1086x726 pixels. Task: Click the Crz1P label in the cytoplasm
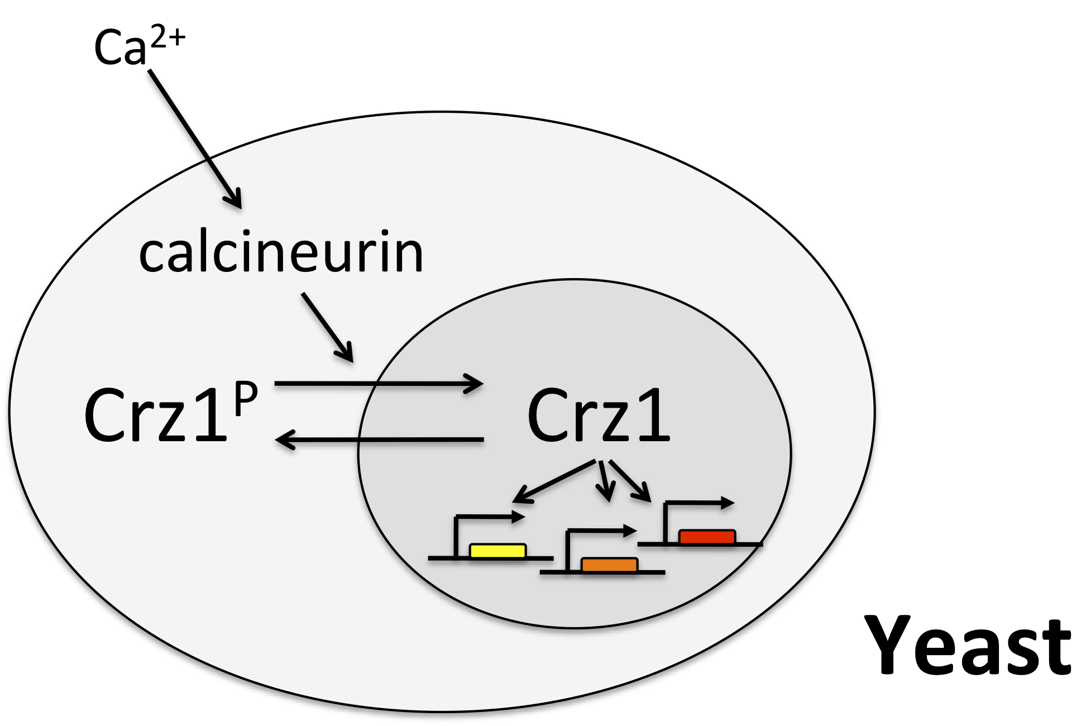click(170, 413)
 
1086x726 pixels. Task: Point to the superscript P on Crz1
click(246, 398)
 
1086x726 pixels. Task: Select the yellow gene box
click(497, 551)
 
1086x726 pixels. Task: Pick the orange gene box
click(609, 565)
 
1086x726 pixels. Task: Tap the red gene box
click(707, 536)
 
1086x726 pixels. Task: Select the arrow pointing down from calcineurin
click(328, 327)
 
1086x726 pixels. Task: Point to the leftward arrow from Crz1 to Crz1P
click(380, 440)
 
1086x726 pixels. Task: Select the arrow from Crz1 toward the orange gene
click(604, 480)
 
